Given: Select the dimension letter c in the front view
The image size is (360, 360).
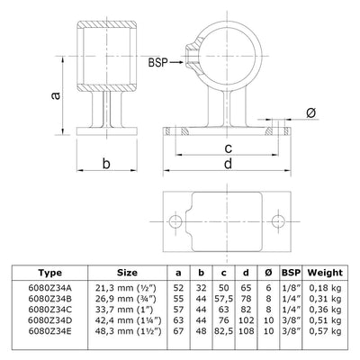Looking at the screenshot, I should click(229, 148).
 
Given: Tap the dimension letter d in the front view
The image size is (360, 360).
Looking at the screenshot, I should click(229, 164).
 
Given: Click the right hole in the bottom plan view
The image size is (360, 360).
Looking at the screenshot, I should click(279, 220).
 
